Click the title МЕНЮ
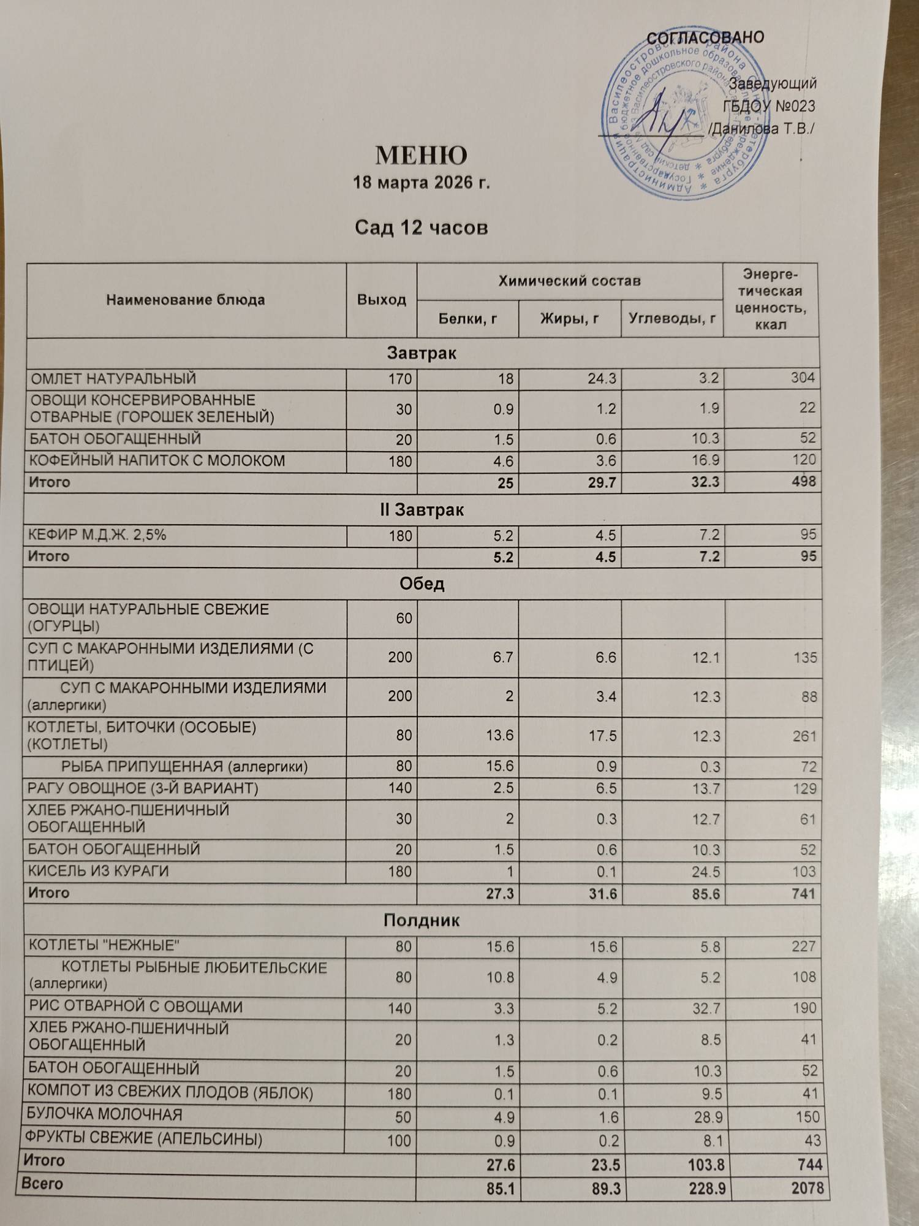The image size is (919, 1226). click(421, 156)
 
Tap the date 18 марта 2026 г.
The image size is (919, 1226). click(422, 183)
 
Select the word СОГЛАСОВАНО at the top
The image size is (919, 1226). click(705, 37)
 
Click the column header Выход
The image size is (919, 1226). click(381, 300)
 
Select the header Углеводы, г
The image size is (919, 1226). click(672, 319)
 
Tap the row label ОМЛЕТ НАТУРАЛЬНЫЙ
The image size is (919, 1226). click(113, 379)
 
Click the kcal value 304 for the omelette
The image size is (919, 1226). click(802, 378)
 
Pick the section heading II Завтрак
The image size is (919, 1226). click(422, 510)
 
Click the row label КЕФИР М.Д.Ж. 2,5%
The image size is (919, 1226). click(97, 535)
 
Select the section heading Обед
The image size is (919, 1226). click(422, 584)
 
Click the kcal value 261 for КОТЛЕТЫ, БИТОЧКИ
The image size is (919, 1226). click(804, 736)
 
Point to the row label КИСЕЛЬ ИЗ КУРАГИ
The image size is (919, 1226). click(98, 871)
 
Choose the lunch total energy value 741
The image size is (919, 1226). click(803, 894)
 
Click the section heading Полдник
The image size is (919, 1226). click(422, 921)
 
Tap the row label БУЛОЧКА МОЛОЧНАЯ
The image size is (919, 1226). click(105, 1114)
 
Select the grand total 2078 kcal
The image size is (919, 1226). click(807, 1189)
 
